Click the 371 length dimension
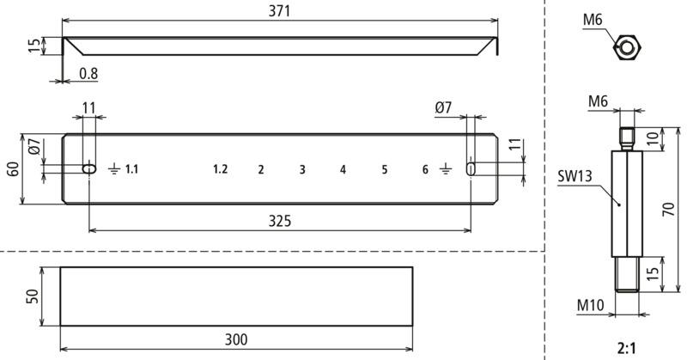coord(280,11)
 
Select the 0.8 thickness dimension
coord(88,74)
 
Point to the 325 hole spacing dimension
coord(280,221)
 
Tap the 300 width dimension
coord(236,339)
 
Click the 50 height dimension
coord(33,296)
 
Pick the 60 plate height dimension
coord(13,168)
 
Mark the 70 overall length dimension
coord(669,209)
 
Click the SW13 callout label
coord(575,176)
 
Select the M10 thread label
coord(590,305)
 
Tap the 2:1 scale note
coord(627,349)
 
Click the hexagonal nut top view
coord(627,46)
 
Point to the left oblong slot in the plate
coord(89,168)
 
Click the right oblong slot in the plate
coord(471,168)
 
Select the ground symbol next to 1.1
coord(114,168)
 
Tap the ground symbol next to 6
coord(445,168)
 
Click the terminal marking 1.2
coord(221,168)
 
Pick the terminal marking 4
coord(343,169)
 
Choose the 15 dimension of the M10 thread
coord(653,273)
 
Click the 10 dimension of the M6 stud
coord(653,138)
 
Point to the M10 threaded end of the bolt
coord(627,274)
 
